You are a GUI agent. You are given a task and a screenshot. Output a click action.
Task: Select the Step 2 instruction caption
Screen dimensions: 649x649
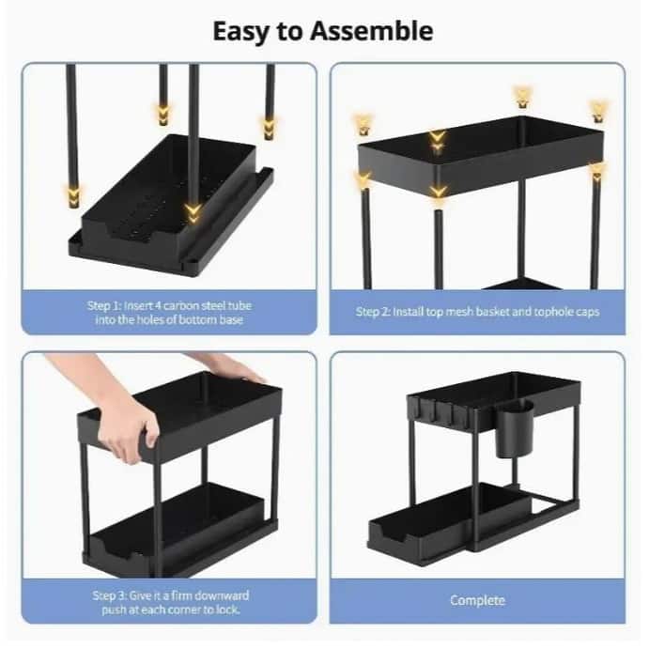pos(477,312)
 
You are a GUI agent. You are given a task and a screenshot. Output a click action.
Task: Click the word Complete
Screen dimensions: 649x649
pos(477,600)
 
